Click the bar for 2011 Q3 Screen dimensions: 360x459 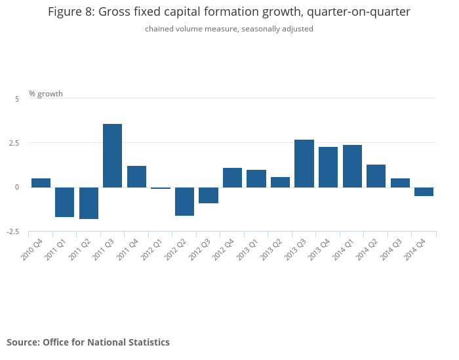pos(112,155)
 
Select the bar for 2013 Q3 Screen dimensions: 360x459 pos(304,163)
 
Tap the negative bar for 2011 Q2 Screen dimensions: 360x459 pos(89,203)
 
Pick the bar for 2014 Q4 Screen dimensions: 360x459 pos(424,191)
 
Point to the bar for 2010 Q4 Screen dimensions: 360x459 pos(41,183)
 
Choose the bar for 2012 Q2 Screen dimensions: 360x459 pos(184,201)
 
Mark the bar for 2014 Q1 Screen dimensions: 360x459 pos(352,166)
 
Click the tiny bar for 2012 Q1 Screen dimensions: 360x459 pos(161,188)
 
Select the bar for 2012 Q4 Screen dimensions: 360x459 pos(232,178)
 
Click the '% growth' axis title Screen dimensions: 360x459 pos(46,94)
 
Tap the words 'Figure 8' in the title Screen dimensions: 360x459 pos(70,12)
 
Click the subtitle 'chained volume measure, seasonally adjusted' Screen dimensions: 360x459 pos(229,29)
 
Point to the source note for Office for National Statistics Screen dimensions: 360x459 pos(88,342)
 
